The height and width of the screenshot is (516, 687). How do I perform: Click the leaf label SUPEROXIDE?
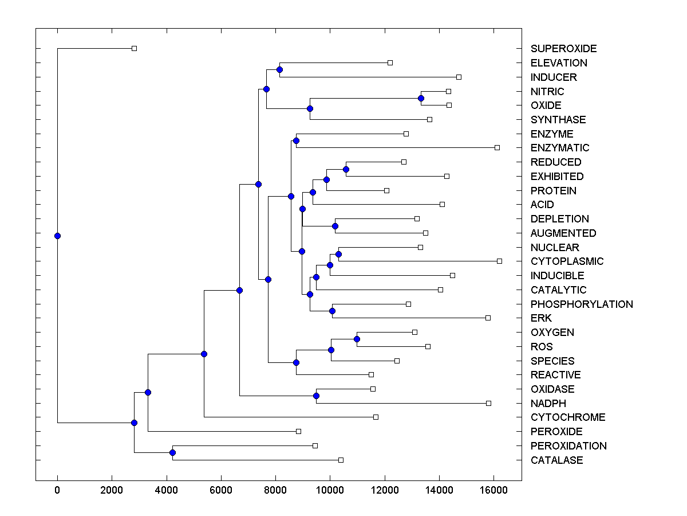pyautogui.click(x=563, y=49)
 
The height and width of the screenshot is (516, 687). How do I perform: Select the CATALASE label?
pyautogui.click(x=556, y=460)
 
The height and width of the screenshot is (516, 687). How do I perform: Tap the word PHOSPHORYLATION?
pyautogui.click(x=582, y=304)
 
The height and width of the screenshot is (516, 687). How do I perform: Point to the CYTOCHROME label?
pyautogui.click(x=568, y=417)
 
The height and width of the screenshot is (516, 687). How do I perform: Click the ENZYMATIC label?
pyautogui.click(x=560, y=148)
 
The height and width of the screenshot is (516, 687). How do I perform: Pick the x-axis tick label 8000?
pyautogui.click(x=275, y=490)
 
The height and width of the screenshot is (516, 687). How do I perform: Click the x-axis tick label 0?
pyautogui.click(x=57, y=490)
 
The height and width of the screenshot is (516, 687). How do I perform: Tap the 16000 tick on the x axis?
pyautogui.click(x=493, y=490)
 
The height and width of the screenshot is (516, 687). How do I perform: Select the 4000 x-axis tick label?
pyautogui.click(x=167, y=490)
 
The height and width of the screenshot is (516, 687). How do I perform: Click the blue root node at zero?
pyautogui.click(x=57, y=236)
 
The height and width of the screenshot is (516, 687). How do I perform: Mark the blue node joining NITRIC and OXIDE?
pyautogui.click(x=421, y=98)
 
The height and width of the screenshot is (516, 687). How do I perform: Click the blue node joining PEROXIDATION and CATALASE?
pyautogui.click(x=172, y=453)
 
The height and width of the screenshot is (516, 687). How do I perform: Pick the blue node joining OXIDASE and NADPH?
pyautogui.click(x=316, y=396)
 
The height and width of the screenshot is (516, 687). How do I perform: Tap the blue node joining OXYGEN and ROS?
pyautogui.click(x=357, y=339)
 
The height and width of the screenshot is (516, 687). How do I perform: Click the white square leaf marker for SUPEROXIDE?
pyautogui.click(x=134, y=49)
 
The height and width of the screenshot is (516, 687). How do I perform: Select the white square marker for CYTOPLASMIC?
pyautogui.click(x=499, y=261)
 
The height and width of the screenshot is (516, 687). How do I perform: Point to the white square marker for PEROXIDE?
pyautogui.click(x=298, y=431)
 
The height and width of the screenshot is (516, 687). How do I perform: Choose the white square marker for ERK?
pyautogui.click(x=488, y=318)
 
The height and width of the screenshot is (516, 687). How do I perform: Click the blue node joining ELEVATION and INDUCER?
pyautogui.click(x=279, y=70)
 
